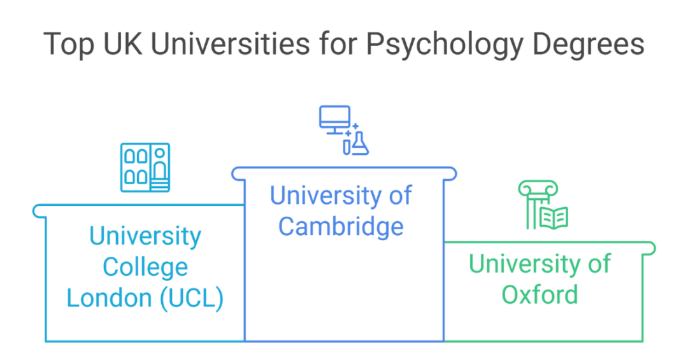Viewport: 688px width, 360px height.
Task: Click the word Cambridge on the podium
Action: pyautogui.click(x=341, y=226)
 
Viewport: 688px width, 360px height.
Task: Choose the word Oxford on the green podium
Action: pyautogui.click(x=540, y=294)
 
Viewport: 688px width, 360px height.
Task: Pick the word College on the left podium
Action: pyautogui.click(x=145, y=267)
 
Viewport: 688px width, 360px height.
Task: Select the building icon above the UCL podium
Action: pyautogui.click(x=145, y=168)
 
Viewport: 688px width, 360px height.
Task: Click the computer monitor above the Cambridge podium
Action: pyautogui.click(x=334, y=120)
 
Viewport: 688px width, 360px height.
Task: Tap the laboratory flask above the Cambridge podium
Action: pyautogui.click(x=361, y=144)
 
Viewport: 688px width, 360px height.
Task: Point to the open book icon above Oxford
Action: pyautogui.click(x=553, y=218)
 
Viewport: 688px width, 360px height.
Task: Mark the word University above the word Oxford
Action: pyautogui.click(x=521, y=263)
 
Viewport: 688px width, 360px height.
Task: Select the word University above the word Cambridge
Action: pyautogui.click(x=322, y=196)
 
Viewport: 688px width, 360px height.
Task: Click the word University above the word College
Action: pyautogui.click(x=145, y=236)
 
